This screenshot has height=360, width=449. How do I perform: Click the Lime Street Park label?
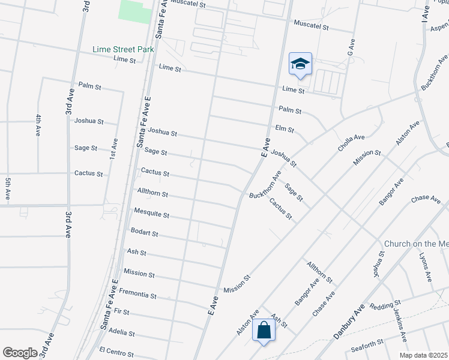[123, 49]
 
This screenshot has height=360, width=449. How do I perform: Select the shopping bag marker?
[264, 330]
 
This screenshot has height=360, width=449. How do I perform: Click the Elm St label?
[284, 129]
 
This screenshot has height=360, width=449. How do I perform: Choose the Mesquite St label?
[151, 214]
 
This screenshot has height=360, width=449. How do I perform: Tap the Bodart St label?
[144, 233]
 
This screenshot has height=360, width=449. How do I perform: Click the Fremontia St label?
[137, 295]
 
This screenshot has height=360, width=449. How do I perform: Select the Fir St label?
[121, 312]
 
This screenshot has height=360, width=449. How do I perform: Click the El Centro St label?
[116, 350]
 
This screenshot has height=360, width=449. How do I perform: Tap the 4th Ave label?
[38, 125]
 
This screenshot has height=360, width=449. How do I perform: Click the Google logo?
[20, 353]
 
